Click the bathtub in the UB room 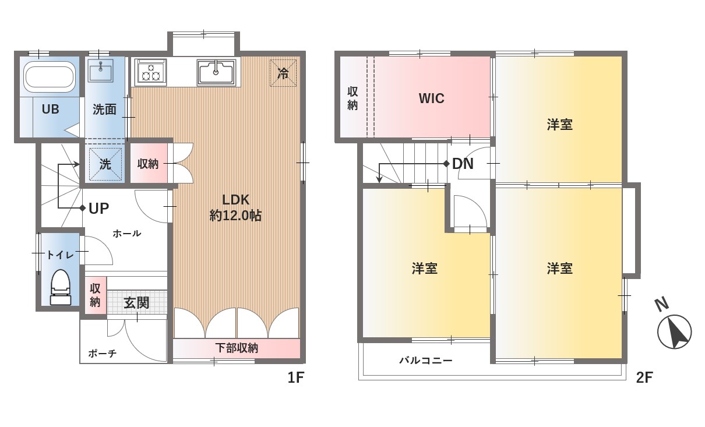tap(50, 76)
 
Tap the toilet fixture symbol tap(61, 287)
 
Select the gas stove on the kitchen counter tap(150, 72)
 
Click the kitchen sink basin tap(216, 72)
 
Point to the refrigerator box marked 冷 tap(283, 73)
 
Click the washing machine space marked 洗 tap(105, 164)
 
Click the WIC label tap(432, 98)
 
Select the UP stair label tap(99, 209)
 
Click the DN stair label tap(463, 164)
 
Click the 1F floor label tap(295, 377)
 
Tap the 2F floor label tap(644, 377)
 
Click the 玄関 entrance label tap(136, 303)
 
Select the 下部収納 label tap(237, 348)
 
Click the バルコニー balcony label tap(426, 360)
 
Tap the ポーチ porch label tap(103, 354)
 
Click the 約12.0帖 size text tap(235, 216)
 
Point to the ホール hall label tap(127, 234)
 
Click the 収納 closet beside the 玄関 tap(96, 295)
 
